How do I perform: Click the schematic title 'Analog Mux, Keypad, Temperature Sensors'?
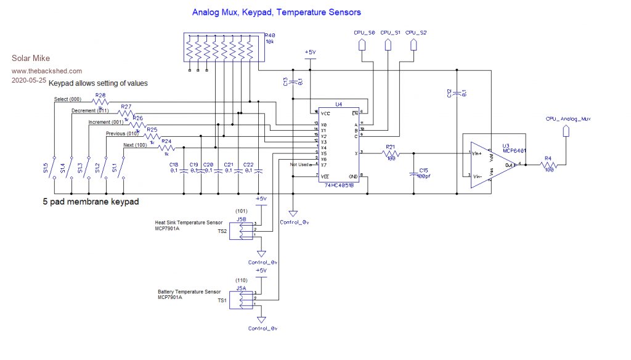[276, 12]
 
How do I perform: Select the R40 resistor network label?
[269, 36]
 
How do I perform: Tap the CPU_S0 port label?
[364, 31]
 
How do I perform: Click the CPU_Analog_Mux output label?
[568, 118]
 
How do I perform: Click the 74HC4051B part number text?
[339, 185]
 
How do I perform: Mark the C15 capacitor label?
[424, 170]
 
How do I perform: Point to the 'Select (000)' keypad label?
[68, 99]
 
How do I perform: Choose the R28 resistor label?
[100, 96]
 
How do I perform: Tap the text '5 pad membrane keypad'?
[91, 202]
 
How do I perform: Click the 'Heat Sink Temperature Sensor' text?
[189, 223]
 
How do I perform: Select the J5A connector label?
[241, 287]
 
